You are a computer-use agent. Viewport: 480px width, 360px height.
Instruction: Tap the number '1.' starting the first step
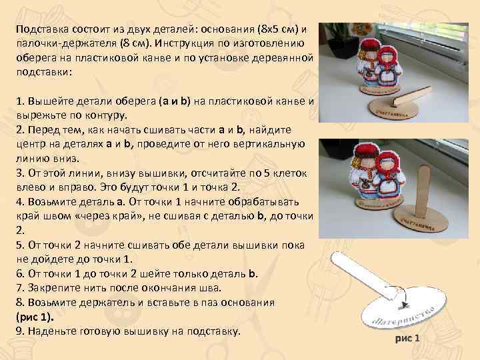(20, 102)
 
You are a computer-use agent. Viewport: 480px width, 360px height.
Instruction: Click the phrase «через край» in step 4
(134, 215)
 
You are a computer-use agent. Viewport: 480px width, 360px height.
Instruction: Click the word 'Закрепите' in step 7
(52, 287)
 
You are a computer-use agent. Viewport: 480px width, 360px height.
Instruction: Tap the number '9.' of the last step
(20, 331)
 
